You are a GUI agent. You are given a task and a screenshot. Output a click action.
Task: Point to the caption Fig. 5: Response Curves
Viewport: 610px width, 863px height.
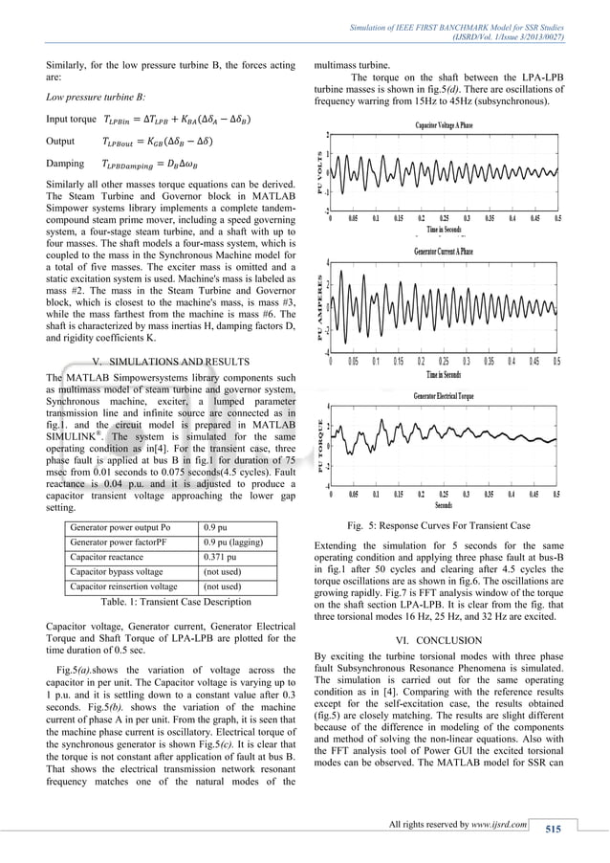click(444, 526)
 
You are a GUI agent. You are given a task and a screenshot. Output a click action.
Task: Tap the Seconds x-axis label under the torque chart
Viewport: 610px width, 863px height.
click(444, 505)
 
